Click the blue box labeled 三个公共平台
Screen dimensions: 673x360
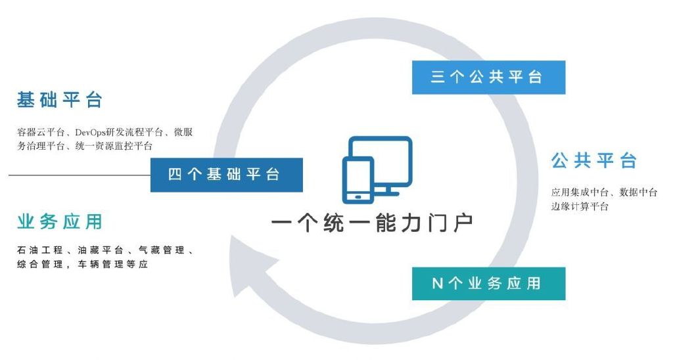point(488,78)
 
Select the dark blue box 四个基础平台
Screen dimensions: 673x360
point(227,175)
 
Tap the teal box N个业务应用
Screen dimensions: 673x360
point(488,283)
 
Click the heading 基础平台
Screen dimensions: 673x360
point(59,100)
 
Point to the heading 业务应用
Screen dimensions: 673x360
point(59,222)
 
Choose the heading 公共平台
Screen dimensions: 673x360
point(593,160)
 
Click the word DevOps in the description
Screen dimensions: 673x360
point(90,132)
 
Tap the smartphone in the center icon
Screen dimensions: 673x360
point(358,180)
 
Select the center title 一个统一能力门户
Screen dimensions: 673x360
point(372,223)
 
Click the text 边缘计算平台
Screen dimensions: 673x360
point(580,206)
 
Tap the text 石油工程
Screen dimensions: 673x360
point(40,250)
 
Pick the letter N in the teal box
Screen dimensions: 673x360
point(437,283)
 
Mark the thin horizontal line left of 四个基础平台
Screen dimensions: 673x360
point(80,175)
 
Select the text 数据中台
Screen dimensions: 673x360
point(638,192)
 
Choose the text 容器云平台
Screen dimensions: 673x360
point(41,132)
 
